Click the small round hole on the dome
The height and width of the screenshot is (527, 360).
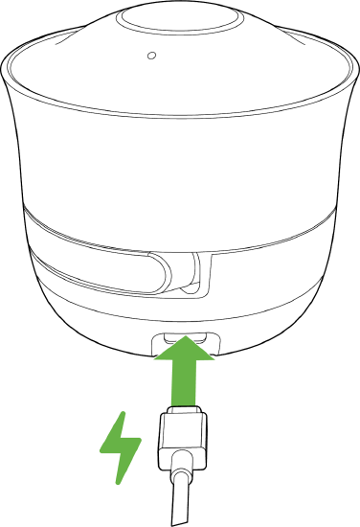click(x=150, y=55)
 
